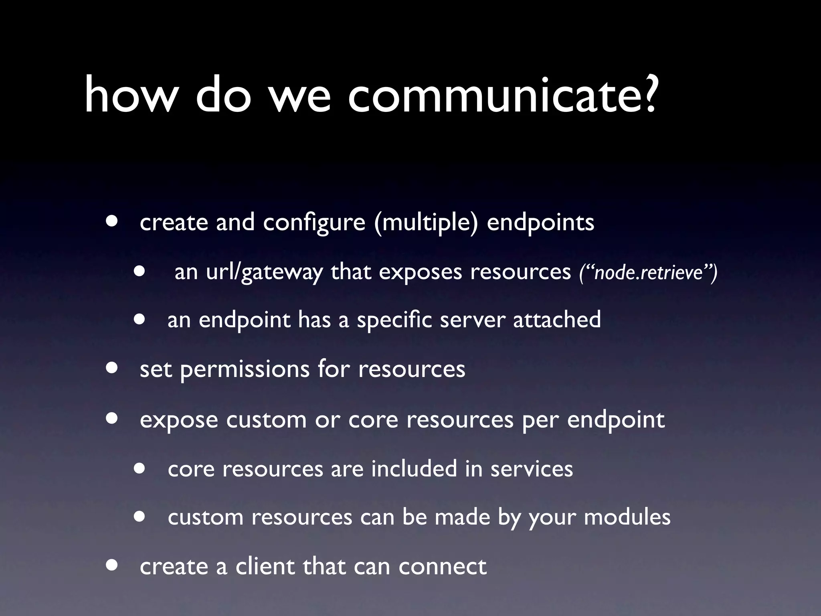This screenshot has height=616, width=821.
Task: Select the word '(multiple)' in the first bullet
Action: (x=426, y=223)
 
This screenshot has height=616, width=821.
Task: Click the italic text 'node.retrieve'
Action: (x=648, y=273)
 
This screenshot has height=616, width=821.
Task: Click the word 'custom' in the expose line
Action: (x=266, y=420)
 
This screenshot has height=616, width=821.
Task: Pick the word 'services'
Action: (x=532, y=469)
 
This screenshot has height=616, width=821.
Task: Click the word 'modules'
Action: (x=627, y=517)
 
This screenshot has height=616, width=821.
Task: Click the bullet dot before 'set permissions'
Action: (x=112, y=368)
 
